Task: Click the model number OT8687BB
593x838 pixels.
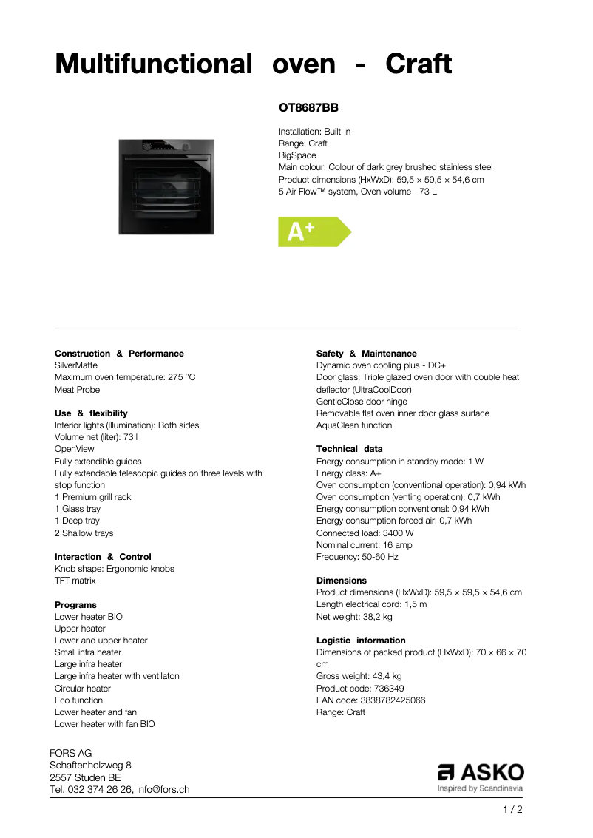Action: point(308,108)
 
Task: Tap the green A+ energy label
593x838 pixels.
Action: point(312,232)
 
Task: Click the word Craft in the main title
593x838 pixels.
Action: point(418,64)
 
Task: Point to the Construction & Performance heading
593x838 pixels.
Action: point(119,354)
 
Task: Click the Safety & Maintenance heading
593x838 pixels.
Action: point(366,354)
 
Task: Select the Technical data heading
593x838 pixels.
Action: point(349,449)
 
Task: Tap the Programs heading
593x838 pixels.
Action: point(75,605)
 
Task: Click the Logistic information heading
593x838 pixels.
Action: point(361,641)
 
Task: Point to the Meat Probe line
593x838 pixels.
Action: point(77,390)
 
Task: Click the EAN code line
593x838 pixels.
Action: point(370,700)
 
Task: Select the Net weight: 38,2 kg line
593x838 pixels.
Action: point(354,617)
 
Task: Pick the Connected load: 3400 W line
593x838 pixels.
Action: point(365,533)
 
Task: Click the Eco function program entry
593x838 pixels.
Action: point(78,700)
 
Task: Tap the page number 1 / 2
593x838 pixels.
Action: point(512,810)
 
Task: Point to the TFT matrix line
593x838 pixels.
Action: point(75,581)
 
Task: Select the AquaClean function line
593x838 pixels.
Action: point(354,425)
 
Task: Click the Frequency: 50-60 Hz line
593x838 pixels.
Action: point(357,557)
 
